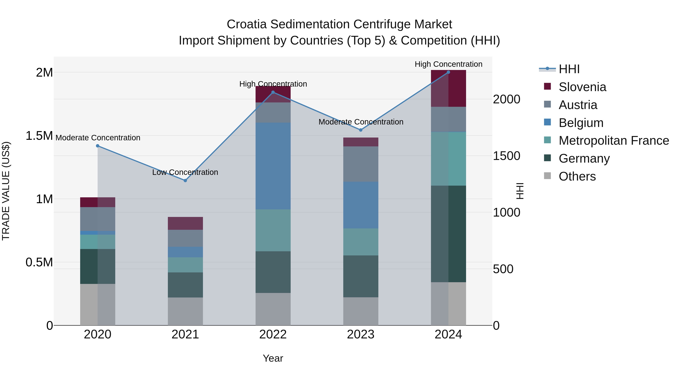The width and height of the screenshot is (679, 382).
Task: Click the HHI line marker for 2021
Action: pyautogui.click(x=185, y=181)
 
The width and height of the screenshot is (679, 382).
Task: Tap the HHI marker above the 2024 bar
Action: pyautogui.click(x=448, y=72)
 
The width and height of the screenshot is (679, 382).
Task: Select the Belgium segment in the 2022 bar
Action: pyautogui.click(x=273, y=166)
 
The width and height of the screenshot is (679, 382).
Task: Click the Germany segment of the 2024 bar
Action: pyautogui.click(x=448, y=234)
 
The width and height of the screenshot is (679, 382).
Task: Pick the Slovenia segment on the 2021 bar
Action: pyautogui.click(x=185, y=223)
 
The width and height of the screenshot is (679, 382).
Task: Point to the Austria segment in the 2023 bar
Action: pyautogui.click(x=361, y=164)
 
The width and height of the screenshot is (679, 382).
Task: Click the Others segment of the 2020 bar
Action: pyautogui.click(x=98, y=304)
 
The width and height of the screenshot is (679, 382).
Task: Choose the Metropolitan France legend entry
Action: pyautogui.click(x=614, y=141)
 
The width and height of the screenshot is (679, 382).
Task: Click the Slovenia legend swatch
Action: pyautogui.click(x=548, y=86)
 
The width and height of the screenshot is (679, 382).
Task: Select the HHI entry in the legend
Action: pyautogui.click(x=569, y=69)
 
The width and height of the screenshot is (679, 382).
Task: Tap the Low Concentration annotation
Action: pyautogui.click(x=185, y=172)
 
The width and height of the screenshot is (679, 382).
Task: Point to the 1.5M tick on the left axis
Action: pyautogui.click(x=39, y=136)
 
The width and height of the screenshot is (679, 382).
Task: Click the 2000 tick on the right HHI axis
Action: pyautogui.click(x=506, y=99)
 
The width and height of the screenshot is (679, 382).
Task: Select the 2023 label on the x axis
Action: pyautogui.click(x=361, y=334)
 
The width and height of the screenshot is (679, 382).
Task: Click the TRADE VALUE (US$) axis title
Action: pyautogui.click(x=6, y=191)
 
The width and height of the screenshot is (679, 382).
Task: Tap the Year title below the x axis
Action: pyautogui.click(x=273, y=358)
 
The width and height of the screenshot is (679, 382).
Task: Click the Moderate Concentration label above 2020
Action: pyautogui.click(x=98, y=138)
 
